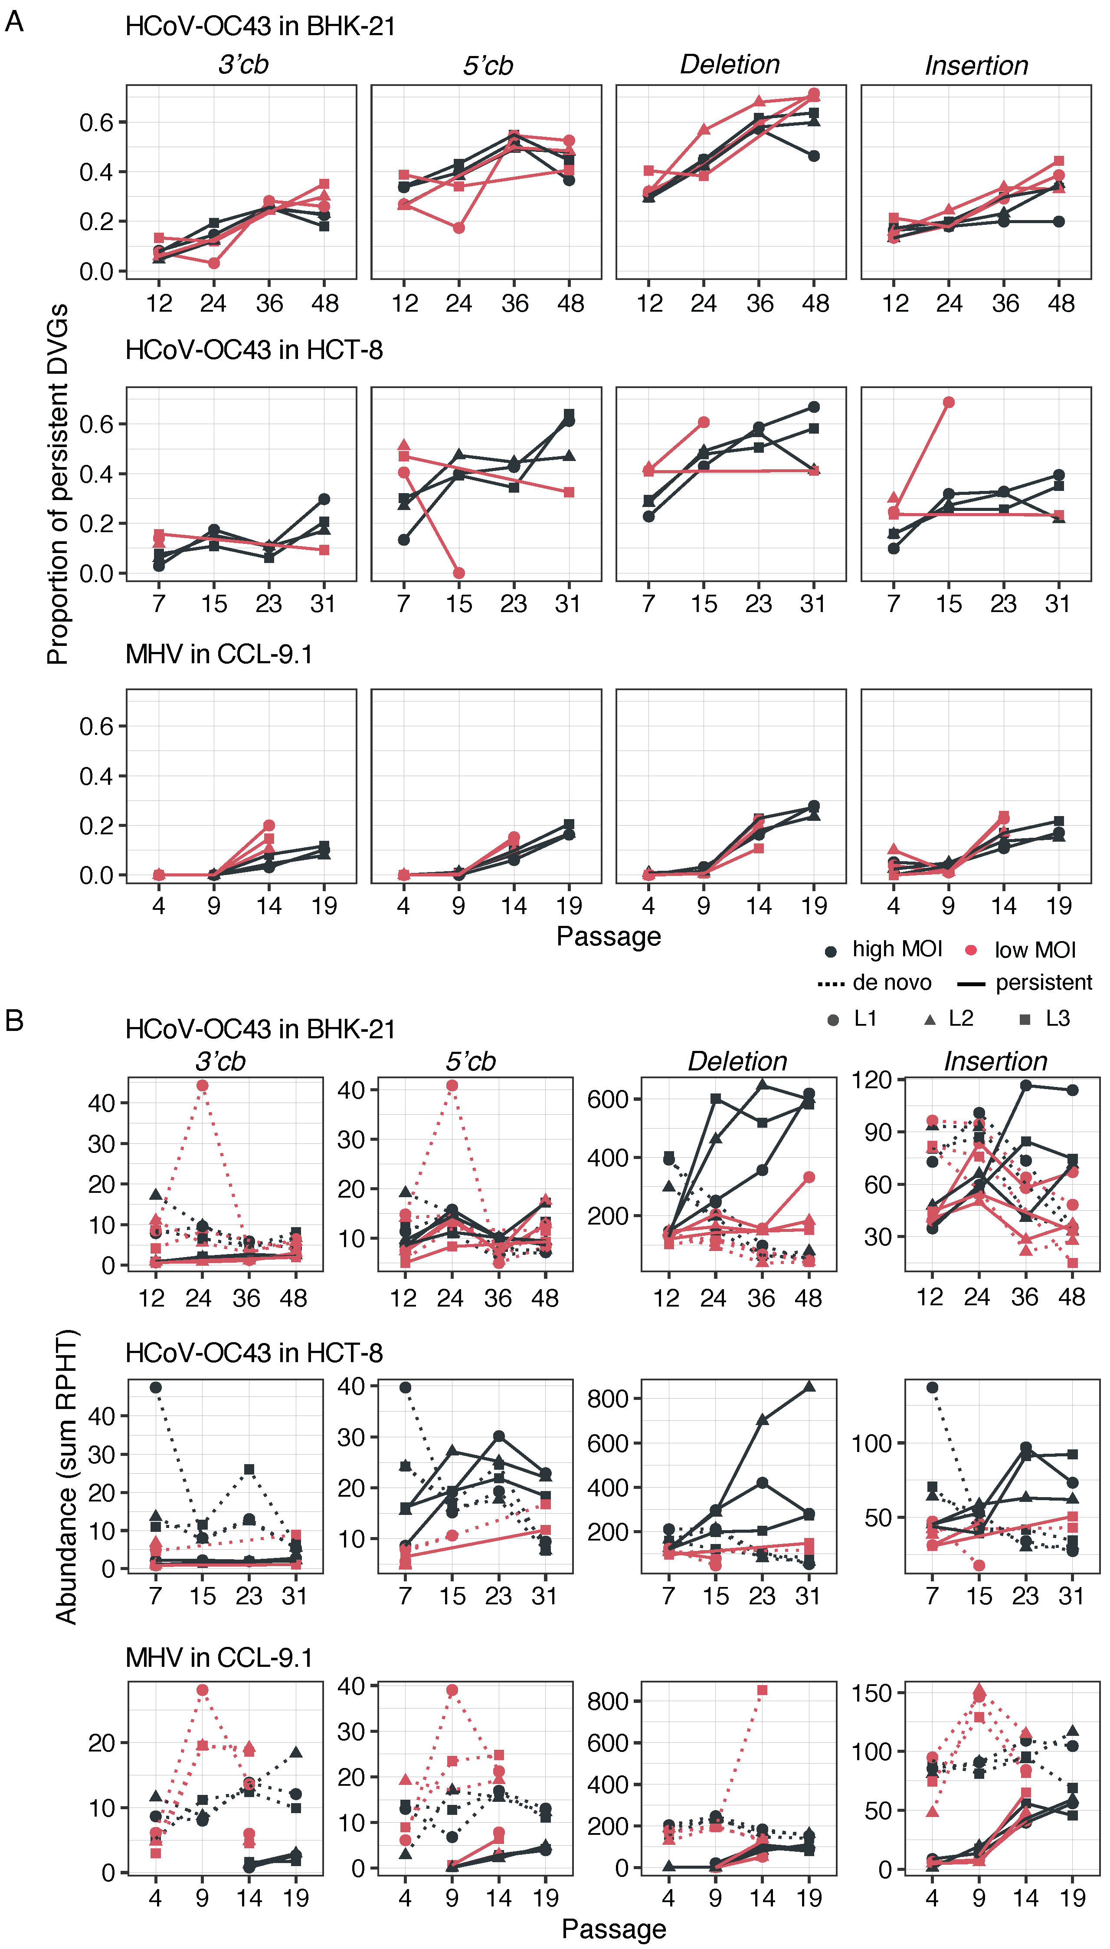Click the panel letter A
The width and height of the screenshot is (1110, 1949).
[x=14, y=21]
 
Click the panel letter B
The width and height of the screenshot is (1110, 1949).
[x=14, y=1020]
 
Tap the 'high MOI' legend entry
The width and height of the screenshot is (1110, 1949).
[x=884, y=950]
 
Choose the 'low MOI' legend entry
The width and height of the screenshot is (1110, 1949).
[x=1022, y=950]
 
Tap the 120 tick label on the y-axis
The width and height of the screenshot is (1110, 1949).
[x=871, y=1080]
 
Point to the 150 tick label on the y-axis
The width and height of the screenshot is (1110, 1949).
[x=871, y=1693]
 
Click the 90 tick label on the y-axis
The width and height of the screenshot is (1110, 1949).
[x=877, y=1132]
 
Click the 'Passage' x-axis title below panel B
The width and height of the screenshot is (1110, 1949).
[x=614, y=1929]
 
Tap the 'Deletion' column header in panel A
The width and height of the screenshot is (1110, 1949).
[x=730, y=65]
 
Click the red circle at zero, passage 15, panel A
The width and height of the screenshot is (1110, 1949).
[x=458, y=573]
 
